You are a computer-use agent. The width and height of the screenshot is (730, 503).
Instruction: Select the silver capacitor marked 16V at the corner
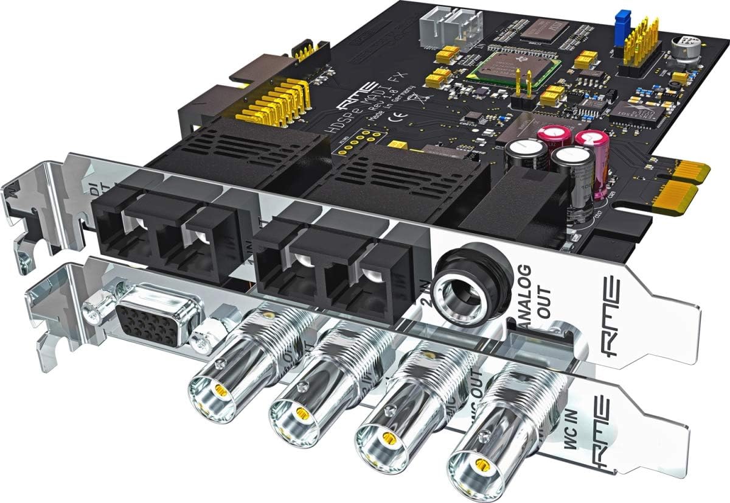[x=684, y=48]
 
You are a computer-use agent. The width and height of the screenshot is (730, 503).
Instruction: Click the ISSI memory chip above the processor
[x=550, y=29]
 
